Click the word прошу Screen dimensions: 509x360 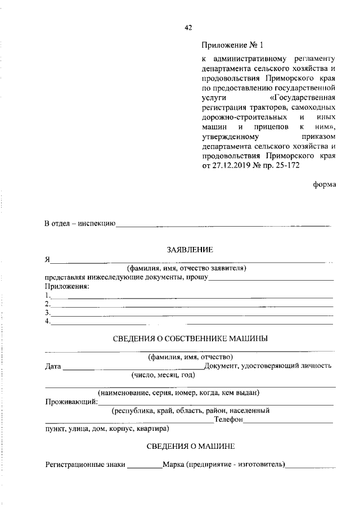pyautogui.click(x=198, y=277)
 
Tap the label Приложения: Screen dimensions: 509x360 pyautogui.click(x=67, y=286)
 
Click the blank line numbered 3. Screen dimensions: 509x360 pyautogui.click(x=192, y=313)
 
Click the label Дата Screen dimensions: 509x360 pyautogui.click(x=53, y=366)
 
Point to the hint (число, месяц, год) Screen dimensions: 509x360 pyautogui.click(x=163, y=375)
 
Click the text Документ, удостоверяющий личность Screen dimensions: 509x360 pyautogui.click(x=267, y=366)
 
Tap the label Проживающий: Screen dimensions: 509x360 pyautogui.click(x=71, y=402)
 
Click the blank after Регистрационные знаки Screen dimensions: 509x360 pyautogui.click(x=144, y=466)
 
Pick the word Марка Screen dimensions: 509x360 pyautogui.click(x=173, y=465)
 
